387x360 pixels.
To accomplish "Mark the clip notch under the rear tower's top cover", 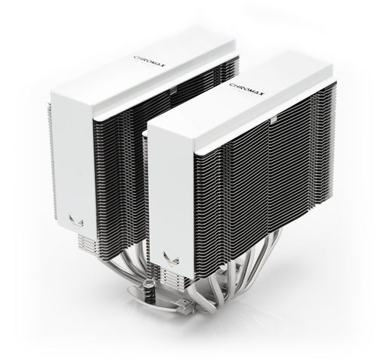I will click(160, 89).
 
